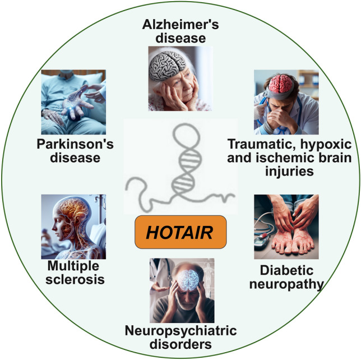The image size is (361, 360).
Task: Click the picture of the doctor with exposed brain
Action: (286, 100)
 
